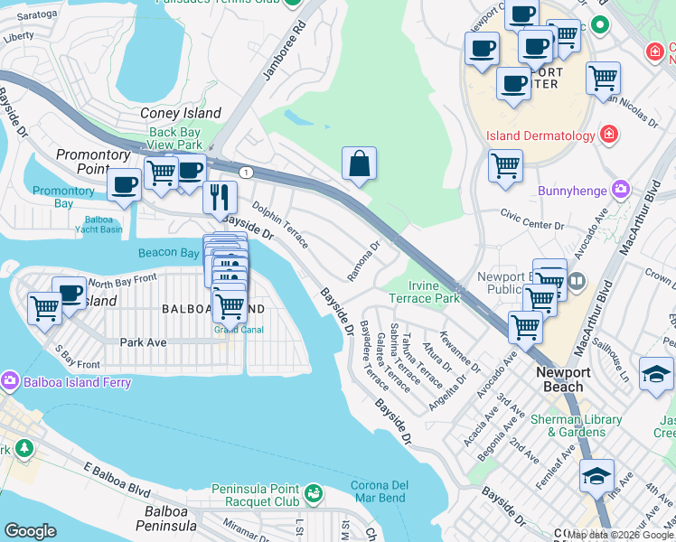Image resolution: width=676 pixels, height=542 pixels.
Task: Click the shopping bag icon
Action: click(359, 164)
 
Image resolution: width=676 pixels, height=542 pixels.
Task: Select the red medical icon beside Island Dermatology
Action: click(610, 135)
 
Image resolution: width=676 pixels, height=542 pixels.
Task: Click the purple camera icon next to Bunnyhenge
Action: click(620, 190)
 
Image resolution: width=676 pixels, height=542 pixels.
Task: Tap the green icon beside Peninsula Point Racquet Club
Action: click(313, 493)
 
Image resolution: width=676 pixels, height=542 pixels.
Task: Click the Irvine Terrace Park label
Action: click(425, 292)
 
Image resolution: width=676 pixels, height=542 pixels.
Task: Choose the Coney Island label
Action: click(181, 113)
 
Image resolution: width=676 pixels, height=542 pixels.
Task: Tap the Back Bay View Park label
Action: click(175, 138)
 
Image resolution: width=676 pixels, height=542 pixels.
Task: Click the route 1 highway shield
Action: click(245, 172)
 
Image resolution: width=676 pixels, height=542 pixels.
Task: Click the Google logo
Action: click(30, 531)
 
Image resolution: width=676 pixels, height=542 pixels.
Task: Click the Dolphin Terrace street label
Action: click(280, 225)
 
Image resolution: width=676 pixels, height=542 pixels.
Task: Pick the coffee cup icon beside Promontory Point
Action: click(123, 184)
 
